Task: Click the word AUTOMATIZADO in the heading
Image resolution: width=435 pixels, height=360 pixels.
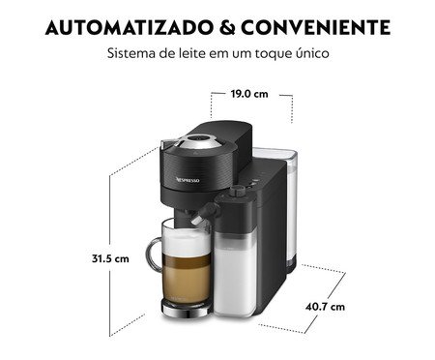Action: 129,27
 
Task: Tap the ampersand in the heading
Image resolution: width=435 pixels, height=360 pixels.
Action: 227,27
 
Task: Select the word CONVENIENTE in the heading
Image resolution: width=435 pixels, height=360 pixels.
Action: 316,27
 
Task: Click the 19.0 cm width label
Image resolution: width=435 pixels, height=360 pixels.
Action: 249,94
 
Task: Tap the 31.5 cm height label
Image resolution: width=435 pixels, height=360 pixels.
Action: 110,258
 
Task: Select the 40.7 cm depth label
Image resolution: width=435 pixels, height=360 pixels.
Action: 325,307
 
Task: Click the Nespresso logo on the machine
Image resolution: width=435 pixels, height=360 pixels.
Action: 188,180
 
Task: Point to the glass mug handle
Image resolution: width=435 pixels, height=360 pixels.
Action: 152,254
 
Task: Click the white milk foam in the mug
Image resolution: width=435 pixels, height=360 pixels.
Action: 187,241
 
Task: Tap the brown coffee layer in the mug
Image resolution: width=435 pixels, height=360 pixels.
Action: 187,280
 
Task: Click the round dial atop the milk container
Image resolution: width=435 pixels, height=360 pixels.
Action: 238,191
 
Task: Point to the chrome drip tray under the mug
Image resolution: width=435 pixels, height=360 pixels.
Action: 187,310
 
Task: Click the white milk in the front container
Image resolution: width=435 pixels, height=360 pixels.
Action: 235,274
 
